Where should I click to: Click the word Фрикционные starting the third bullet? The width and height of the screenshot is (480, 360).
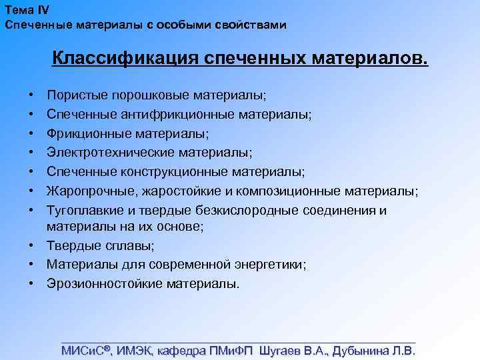[x=81, y=134]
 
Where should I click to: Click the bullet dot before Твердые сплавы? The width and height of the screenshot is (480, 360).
[x=31, y=246]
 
